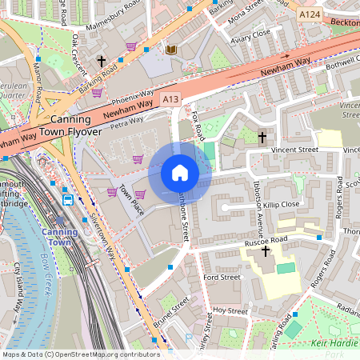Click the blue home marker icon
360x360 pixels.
click(x=180, y=173)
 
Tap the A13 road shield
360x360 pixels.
click(x=169, y=98)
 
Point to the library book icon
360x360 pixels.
click(x=170, y=50)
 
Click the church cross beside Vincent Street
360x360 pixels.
click(x=262, y=138)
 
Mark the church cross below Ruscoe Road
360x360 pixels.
click(x=266, y=252)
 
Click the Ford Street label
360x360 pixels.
click(x=222, y=277)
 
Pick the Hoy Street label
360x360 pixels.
click(x=226, y=310)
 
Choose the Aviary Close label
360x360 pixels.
click(x=250, y=35)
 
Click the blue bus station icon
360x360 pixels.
click(x=68, y=200)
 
